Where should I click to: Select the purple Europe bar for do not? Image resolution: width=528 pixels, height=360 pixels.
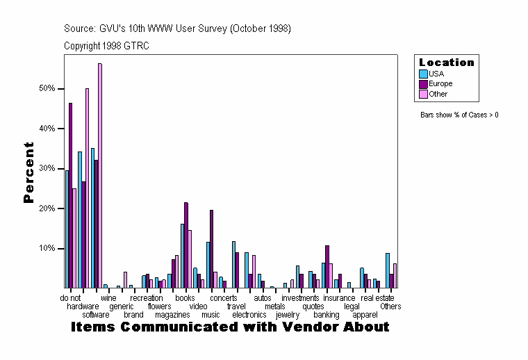(x=70, y=195)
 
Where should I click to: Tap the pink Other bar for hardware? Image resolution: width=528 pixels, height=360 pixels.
(x=87, y=188)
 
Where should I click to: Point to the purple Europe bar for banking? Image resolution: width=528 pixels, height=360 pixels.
(x=327, y=266)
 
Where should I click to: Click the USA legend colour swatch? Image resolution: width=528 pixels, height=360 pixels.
(x=423, y=74)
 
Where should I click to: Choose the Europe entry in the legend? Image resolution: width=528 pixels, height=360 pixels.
(x=440, y=83)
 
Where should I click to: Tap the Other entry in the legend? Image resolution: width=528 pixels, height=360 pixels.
(x=438, y=94)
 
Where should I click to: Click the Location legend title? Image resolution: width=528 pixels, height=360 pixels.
(x=446, y=63)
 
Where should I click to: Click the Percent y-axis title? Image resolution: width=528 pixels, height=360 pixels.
(x=28, y=172)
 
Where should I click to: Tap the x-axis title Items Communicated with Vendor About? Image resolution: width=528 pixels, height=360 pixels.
(x=230, y=327)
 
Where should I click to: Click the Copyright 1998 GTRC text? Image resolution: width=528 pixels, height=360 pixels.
(x=106, y=46)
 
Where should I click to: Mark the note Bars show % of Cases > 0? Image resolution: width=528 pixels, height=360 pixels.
(x=459, y=115)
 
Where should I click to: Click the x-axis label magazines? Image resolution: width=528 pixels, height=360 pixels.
(x=172, y=315)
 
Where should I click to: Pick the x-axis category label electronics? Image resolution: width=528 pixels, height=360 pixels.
(x=249, y=315)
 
